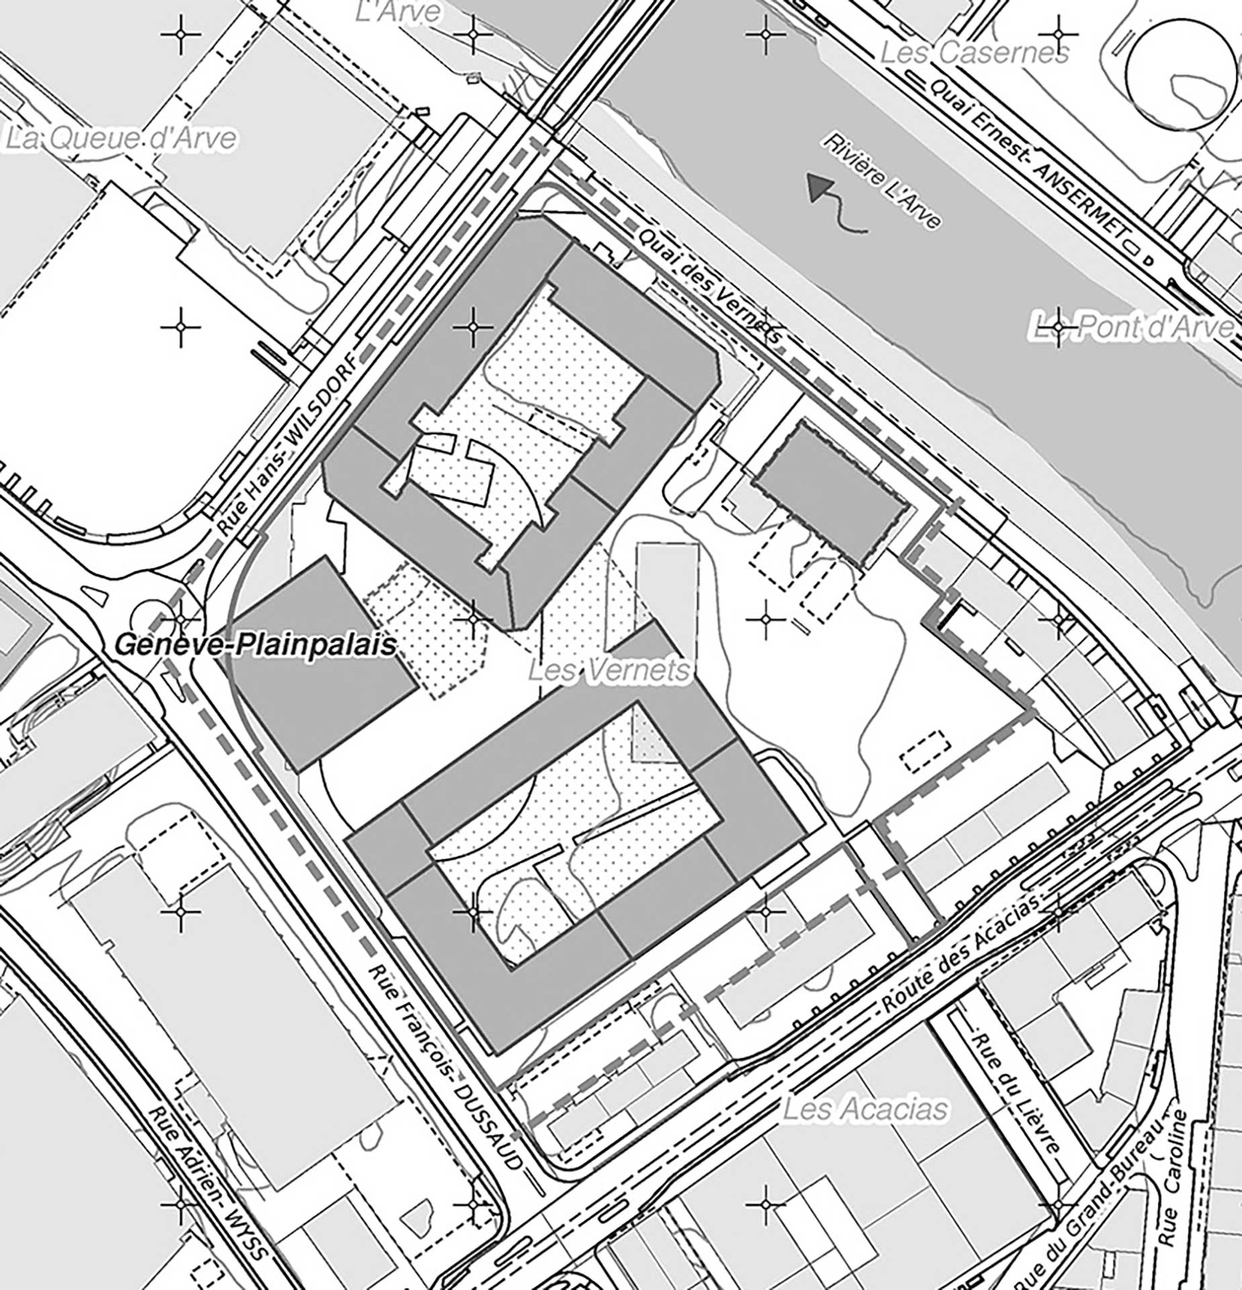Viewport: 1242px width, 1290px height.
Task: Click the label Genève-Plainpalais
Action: (256, 646)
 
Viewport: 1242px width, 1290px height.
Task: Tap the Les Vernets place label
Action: (609, 670)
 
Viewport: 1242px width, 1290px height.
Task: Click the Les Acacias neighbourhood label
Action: (866, 1108)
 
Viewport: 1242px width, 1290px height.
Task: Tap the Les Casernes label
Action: (974, 52)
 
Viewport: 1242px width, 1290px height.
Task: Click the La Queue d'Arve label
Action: (121, 138)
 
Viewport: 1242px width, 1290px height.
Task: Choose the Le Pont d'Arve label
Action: (1133, 327)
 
